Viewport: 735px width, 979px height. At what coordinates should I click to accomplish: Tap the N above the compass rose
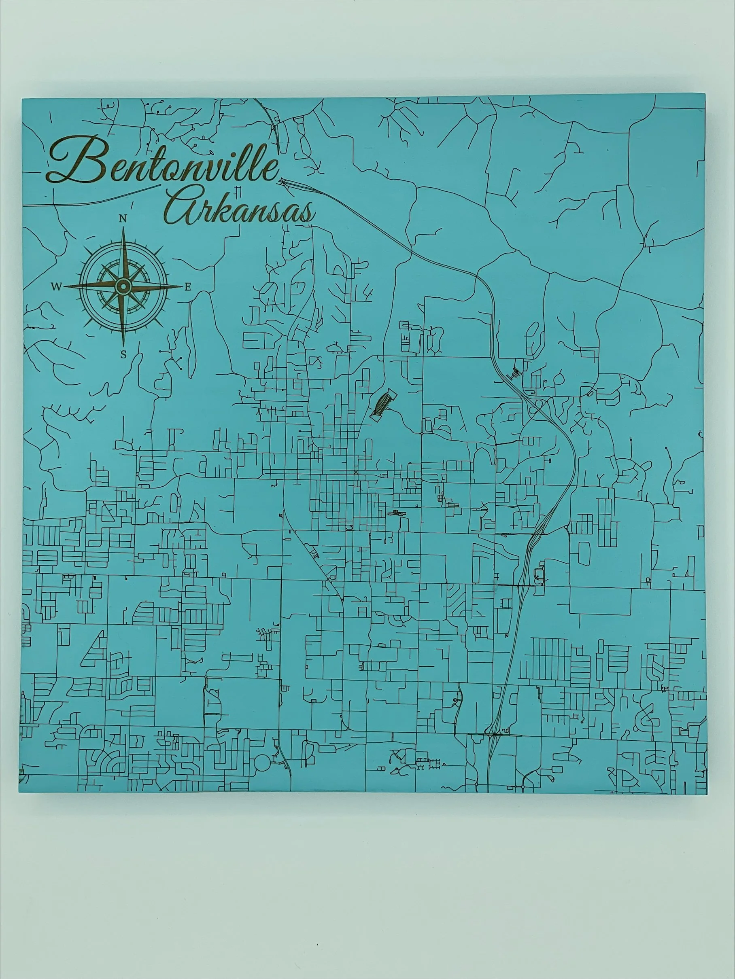click(x=123, y=218)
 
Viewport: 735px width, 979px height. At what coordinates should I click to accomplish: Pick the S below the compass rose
click(x=123, y=354)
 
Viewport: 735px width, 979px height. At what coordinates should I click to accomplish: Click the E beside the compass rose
click(x=188, y=287)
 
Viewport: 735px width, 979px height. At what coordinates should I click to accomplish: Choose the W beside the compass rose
click(x=56, y=287)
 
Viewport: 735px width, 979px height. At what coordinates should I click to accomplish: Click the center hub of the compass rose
click(x=123, y=287)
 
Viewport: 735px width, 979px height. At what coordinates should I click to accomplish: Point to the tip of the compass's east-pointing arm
click(x=182, y=287)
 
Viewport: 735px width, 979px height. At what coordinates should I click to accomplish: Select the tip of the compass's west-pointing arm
click(x=65, y=287)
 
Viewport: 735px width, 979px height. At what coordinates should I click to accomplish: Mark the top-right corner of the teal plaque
click(x=705, y=94)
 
